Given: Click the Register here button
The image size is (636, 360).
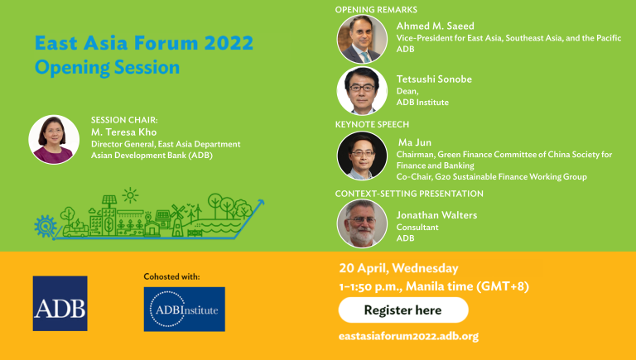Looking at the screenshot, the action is [403, 310].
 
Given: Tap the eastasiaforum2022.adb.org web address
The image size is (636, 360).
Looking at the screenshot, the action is [408, 337].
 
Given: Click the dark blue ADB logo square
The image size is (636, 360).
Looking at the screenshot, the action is [60, 303].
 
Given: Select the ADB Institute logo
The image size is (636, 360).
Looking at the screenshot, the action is [184, 310].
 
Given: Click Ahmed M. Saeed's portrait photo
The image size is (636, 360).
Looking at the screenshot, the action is [362, 39].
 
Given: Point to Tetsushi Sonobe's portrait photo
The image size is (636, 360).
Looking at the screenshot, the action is [362, 91].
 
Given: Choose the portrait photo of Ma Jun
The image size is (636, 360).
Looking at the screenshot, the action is [362, 156].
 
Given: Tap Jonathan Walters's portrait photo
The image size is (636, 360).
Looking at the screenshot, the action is [362, 223].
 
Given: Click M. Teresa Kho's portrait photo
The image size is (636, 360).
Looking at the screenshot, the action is [54, 140].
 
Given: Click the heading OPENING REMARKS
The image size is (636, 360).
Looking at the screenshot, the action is [376, 10].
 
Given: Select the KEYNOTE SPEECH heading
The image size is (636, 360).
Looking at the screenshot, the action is [372, 124].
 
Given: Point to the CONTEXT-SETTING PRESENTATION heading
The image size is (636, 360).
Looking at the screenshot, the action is [409, 194].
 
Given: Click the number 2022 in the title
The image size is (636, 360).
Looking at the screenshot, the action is [229, 43].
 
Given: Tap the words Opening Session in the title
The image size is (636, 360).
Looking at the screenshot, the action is [107, 68].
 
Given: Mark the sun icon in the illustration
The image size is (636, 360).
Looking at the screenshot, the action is [130, 195].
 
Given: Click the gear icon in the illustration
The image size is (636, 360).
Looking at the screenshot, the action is [46, 226].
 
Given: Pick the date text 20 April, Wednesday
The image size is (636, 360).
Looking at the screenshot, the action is [398, 268].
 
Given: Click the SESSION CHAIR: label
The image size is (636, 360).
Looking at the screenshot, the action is [124, 120].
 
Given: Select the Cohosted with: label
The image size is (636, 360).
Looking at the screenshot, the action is [171, 277].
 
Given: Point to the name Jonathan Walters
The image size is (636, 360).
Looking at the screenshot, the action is [436, 215].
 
